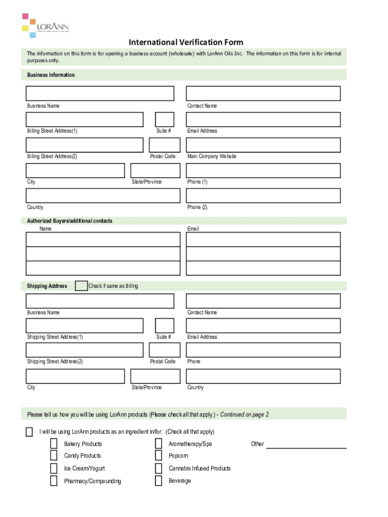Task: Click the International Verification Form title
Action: tap(186, 42)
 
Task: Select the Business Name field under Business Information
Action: tap(100, 93)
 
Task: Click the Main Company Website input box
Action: tap(263, 145)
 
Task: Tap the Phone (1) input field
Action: tap(263, 171)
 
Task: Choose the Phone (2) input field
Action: tap(263, 196)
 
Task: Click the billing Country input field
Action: tap(103, 196)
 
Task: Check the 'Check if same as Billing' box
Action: tap(81, 286)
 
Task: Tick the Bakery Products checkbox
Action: tap(53, 444)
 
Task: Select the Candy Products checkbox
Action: tap(53, 456)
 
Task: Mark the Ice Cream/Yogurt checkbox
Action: tap(53, 469)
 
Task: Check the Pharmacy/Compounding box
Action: tap(53, 481)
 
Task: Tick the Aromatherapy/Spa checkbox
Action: tap(158, 444)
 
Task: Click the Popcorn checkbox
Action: tap(158, 456)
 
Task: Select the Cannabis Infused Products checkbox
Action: tap(158, 469)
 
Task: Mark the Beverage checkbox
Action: tap(158, 481)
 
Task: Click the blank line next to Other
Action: tap(306, 445)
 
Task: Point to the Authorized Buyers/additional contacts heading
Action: tap(70, 221)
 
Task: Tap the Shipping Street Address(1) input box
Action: tap(85, 326)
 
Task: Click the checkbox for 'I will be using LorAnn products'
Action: tap(29, 432)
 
